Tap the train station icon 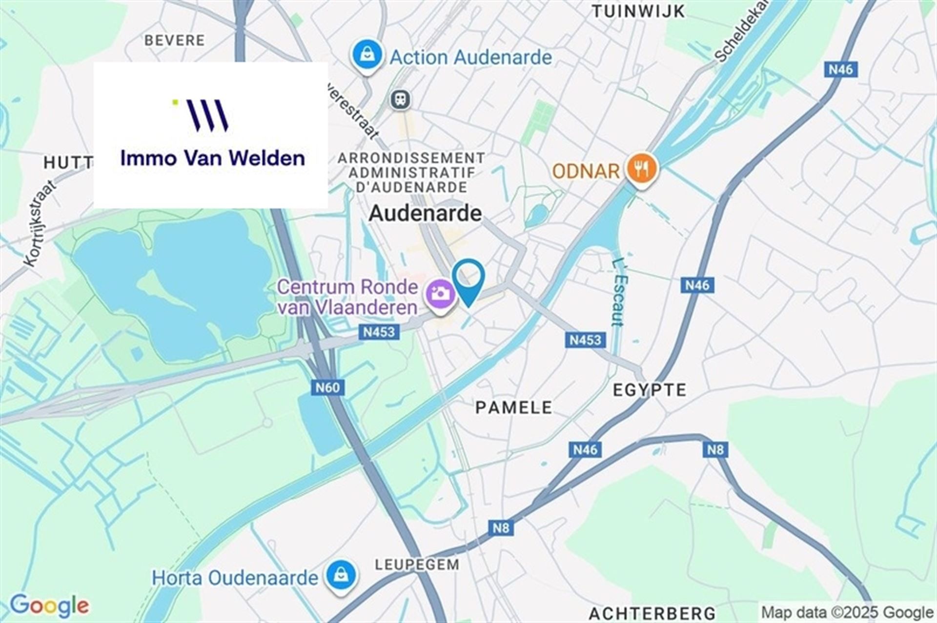coord(401,100)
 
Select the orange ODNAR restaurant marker coord(642,169)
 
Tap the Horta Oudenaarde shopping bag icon coord(341,577)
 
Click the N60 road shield coord(327,388)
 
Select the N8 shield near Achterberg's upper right coord(715,449)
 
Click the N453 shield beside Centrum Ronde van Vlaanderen coord(379,332)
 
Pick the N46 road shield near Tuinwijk coord(840,70)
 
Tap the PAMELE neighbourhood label coord(513,407)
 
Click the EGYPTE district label coord(649,390)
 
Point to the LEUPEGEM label coord(417,564)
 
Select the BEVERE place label coord(175,40)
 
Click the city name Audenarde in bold coord(425,213)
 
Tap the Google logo coord(49,605)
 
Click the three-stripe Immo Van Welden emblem coord(208,116)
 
